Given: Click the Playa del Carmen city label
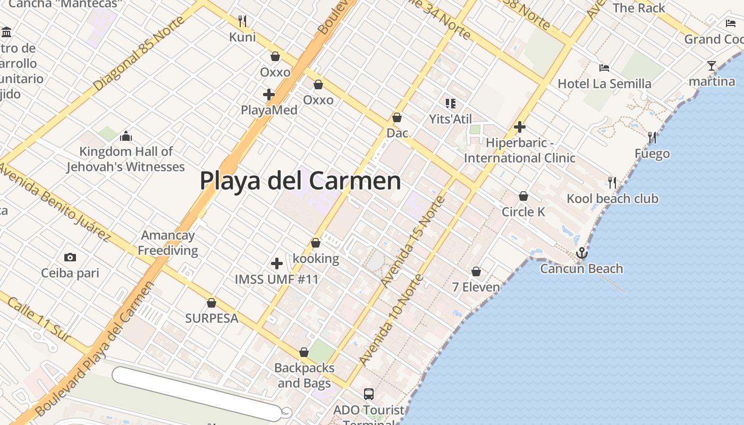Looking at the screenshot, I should (300, 181).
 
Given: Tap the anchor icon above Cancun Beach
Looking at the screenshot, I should (582, 253).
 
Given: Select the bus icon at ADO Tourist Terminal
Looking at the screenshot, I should (369, 394).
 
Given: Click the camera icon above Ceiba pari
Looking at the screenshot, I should (70, 258).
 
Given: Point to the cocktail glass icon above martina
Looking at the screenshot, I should (712, 66).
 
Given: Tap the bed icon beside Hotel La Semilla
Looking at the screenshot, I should (604, 68).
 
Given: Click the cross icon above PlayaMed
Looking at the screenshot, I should (269, 95).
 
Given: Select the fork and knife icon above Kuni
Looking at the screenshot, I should (242, 21).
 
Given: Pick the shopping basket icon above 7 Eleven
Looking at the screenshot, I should (476, 271).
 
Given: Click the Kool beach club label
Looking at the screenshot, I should (612, 199).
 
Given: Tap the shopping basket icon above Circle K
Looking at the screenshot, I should (523, 196).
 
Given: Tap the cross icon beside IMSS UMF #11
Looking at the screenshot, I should (276, 263).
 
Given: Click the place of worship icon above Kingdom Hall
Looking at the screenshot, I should (126, 136).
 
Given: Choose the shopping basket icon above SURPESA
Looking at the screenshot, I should (212, 303).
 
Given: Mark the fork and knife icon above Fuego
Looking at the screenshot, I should (652, 138).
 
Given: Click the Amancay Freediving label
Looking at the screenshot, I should (168, 243).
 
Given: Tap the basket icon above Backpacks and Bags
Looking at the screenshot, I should (304, 352).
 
